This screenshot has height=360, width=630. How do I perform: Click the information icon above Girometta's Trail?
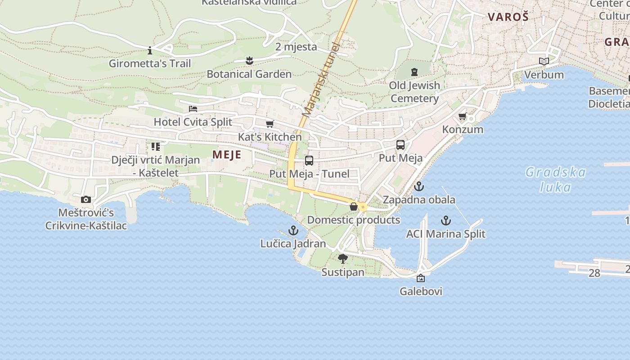point(150,50)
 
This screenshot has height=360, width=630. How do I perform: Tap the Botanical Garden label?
point(249,74)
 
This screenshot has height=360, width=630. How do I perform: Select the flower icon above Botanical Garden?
point(249,60)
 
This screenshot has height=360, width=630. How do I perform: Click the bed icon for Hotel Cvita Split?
point(193,109)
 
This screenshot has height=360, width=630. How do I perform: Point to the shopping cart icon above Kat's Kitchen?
point(270,124)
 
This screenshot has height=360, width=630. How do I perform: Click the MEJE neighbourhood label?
point(227,155)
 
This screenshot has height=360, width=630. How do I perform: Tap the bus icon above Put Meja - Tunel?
point(309,161)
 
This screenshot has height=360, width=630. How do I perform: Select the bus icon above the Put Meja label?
point(400,145)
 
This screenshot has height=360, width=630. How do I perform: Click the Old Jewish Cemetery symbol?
point(414,72)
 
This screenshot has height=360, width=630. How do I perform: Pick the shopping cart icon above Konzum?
point(462,117)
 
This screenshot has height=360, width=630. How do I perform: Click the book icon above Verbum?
point(544,62)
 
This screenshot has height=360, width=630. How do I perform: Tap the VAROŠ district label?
point(508,17)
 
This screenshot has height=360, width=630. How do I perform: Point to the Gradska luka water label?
point(556,179)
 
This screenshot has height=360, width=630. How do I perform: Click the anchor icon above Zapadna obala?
point(419,186)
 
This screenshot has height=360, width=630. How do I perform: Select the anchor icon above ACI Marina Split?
point(445,220)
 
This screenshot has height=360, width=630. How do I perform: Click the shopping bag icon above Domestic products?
point(354,207)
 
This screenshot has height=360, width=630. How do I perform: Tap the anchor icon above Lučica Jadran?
point(293,230)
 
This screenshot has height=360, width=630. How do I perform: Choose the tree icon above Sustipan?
point(343,258)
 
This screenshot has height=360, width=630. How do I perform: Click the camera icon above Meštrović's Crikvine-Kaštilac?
point(85,199)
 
